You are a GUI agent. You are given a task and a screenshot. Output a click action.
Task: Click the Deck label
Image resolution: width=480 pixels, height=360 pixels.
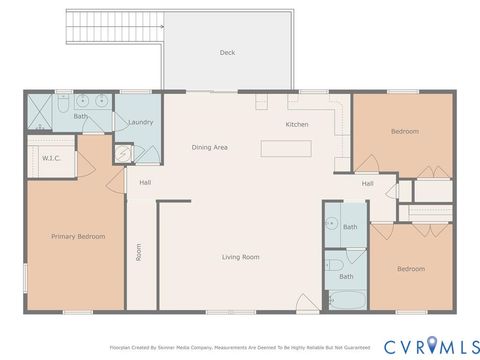[227, 53]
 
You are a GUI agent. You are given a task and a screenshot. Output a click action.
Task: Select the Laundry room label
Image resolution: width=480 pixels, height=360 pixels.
[140, 122]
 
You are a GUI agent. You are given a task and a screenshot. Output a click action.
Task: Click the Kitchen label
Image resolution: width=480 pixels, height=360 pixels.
[297, 124]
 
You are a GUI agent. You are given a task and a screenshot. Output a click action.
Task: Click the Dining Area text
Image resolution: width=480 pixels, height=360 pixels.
[210, 148]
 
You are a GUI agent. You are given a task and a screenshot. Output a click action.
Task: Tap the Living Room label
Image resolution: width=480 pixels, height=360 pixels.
[240, 257]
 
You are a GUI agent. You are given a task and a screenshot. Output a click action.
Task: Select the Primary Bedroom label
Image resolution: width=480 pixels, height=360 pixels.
[78, 236]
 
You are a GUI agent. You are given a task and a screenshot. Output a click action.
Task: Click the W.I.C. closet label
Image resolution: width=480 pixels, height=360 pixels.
[52, 158]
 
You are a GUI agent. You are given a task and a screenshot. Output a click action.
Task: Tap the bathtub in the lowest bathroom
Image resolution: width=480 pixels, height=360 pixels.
[345, 299]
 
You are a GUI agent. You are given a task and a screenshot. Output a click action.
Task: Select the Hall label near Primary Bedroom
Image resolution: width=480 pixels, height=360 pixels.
[145, 182]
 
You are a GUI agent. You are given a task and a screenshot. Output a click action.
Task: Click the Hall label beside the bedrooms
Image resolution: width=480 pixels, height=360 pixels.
[367, 183]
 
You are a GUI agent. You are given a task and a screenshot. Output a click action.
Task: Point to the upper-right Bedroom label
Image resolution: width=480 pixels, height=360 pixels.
[404, 131]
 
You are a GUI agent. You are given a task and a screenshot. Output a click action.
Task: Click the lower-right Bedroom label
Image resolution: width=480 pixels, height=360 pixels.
[410, 268]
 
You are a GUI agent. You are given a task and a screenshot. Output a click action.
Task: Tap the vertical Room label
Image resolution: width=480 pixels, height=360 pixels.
[139, 254]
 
